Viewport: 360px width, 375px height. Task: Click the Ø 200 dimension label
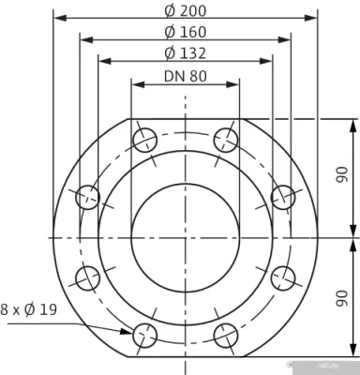click(186, 10)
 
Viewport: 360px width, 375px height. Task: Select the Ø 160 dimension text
click(186, 32)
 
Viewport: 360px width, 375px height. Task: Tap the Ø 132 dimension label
click(186, 53)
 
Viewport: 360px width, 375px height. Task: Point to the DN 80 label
click(186, 77)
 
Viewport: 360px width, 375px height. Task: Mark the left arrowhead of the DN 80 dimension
click(136, 84)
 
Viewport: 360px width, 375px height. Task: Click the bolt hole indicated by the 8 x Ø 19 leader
click(144, 334)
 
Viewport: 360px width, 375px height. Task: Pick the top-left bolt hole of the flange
click(144, 141)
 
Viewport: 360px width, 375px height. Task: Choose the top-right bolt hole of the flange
click(225, 141)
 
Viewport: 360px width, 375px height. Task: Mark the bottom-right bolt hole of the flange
click(225, 334)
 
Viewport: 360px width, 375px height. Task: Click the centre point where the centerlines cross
click(185, 237)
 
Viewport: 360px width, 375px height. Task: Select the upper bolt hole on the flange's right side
click(282, 197)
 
